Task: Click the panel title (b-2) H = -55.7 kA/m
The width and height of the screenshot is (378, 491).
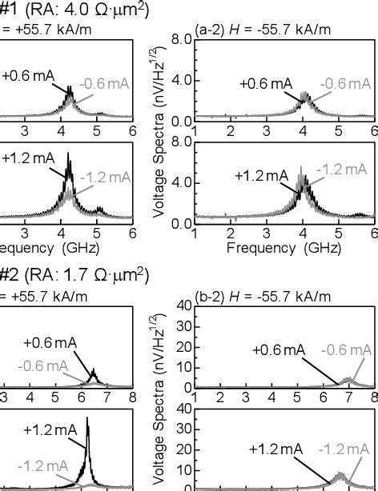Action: pos(263,296)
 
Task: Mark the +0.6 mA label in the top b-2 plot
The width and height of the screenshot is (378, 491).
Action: pos(278,349)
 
